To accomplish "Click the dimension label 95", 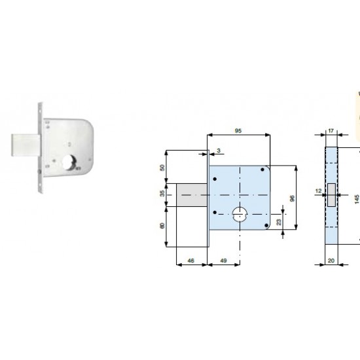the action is (x=238, y=131).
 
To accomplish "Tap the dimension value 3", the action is (x=219, y=151).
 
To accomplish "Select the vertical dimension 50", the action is (x=162, y=168).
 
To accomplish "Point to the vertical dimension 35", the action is (x=162, y=194).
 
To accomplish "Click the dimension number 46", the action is (x=190, y=261).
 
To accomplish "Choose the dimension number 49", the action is (x=223, y=261).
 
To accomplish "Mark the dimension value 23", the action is (x=279, y=222).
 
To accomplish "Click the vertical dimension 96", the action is (x=292, y=198).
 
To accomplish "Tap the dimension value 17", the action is (x=331, y=131).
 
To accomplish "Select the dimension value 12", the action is (x=319, y=191).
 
